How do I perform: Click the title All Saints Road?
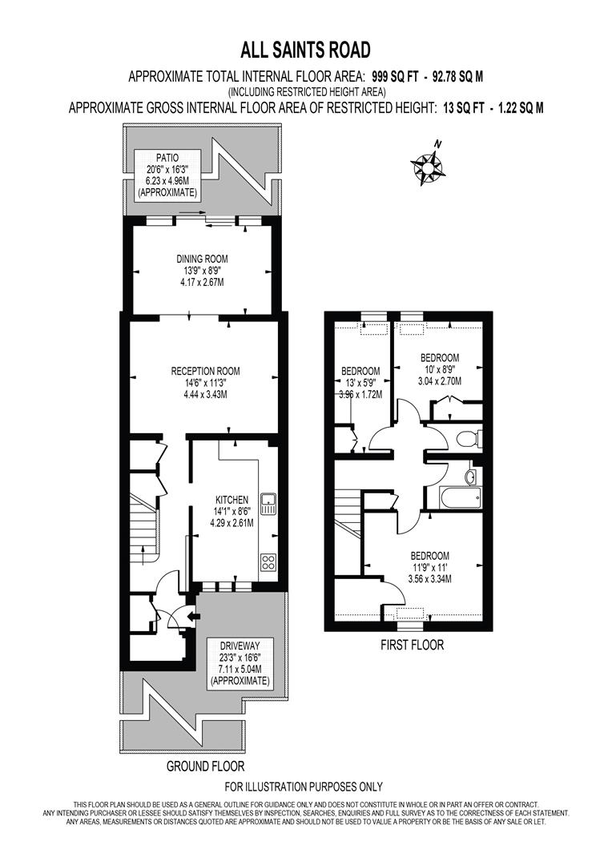pos(306,50)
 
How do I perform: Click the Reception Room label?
pos(205,382)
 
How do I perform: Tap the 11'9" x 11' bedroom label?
pos(429,567)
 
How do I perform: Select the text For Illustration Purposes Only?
pos(304,787)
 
